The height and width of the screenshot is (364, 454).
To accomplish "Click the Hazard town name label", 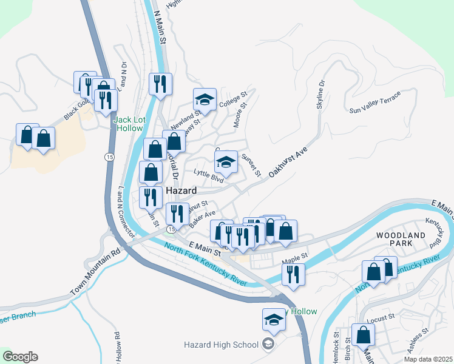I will (x=181, y=190).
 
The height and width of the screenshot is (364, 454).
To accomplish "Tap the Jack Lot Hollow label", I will (x=129, y=124).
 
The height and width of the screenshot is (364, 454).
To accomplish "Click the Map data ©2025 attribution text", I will (x=428, y=359).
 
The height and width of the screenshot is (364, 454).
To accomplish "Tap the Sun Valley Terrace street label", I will (x=375, y=103).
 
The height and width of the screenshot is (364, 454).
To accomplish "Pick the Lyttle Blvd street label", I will (x=208, y=175).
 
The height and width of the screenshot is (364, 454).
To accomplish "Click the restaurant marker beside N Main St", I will (x=160, y=84).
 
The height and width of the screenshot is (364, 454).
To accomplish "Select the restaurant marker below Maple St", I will (x=293, y=274).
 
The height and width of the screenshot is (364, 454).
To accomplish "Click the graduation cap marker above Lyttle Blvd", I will (x=226, y=162).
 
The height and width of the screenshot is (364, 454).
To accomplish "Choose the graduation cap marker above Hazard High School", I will (x=274, y=320).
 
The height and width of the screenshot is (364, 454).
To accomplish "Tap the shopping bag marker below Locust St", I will (x=363, y=335).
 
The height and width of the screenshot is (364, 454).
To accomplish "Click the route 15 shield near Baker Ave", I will (x=171, y=229).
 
